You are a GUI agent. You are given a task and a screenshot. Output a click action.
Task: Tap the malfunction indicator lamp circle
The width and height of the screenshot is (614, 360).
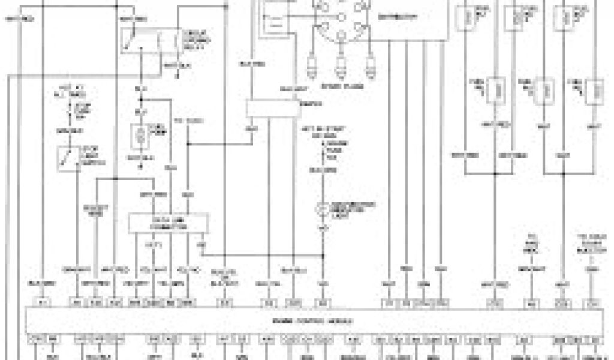(x=324, y=208)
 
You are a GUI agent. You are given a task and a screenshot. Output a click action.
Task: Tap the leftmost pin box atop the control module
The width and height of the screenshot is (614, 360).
(x=43, y=302)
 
